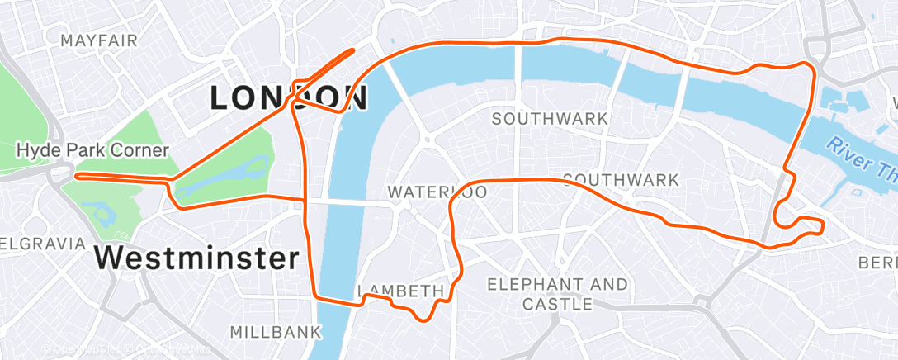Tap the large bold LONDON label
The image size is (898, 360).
[288, 98]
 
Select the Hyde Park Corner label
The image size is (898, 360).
[92, 150]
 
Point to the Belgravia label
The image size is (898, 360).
[41, 244]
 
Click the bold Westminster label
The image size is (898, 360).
[196, 258]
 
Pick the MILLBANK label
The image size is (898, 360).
[275, 332]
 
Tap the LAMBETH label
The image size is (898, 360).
[401, 291]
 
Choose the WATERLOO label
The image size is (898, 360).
[437, 192]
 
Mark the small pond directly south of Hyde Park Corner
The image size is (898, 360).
[104, 216]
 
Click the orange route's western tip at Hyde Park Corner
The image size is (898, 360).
[77, 175]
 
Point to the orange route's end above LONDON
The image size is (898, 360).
[353, 50]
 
